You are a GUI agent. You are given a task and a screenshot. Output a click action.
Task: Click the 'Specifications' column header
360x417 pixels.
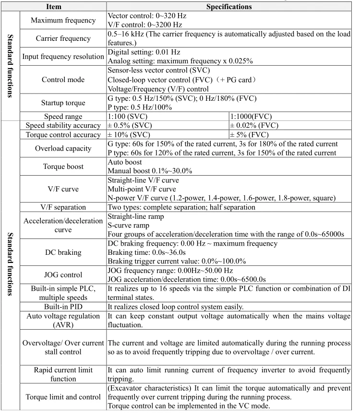(228, 7)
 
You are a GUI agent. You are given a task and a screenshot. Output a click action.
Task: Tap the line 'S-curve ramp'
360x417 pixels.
(130, 226)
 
